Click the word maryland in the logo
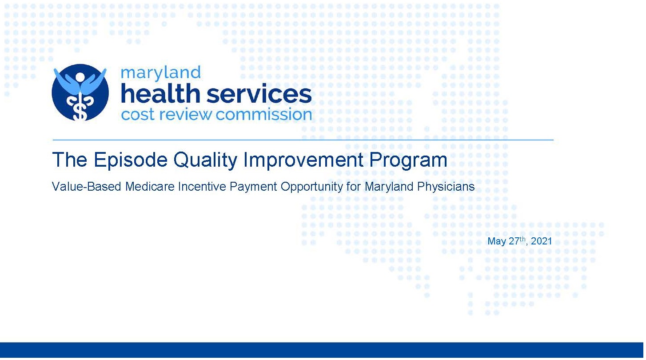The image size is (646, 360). pos(161,73)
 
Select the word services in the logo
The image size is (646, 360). pos(259,94)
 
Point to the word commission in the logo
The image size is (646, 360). pos(264,114)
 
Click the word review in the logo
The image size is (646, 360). pos(185,114)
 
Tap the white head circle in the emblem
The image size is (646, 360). pos(80,77)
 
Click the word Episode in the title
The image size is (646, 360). pos(131,160)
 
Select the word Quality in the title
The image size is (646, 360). pos(205,160)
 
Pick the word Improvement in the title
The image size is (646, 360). pos(303,160)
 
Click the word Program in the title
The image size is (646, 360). pos(408,160)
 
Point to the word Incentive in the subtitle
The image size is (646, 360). pos(202,186)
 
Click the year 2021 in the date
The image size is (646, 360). pos(541,241)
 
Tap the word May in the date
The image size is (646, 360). pos(497,242)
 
